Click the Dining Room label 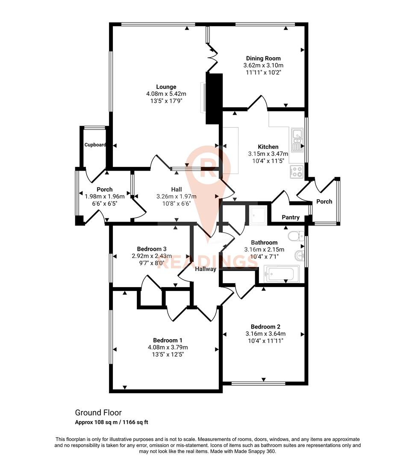click(263, 58)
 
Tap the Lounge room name click(166, 87)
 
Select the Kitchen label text click(268, 147)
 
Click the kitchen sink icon click(297, 139)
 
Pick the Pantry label click(290, 218)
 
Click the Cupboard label click(95, 145)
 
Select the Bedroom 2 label click(265, 327)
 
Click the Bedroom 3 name click(151, 249)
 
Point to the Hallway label click(206, 269)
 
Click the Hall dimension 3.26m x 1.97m click(177, 197)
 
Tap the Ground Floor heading click(98, 413)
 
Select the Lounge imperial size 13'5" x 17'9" click(166, 101)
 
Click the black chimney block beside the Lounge click(214, 99)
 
